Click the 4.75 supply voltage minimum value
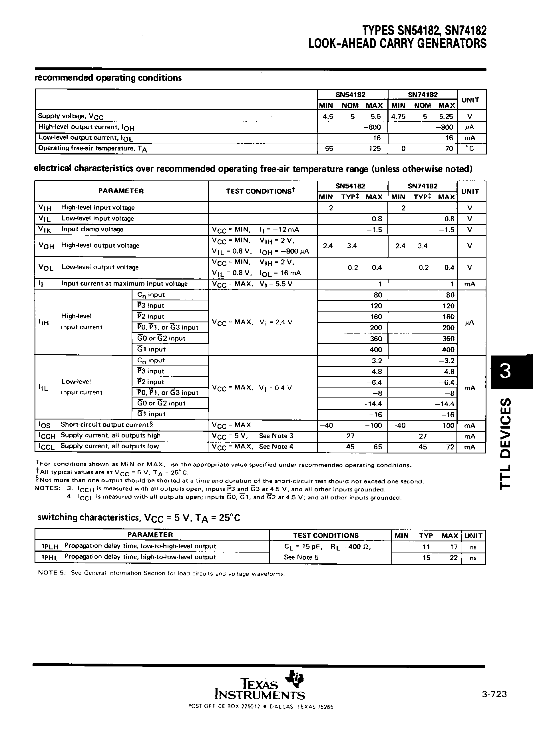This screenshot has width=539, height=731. (398, 117)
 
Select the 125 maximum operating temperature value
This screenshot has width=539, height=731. (375, 148)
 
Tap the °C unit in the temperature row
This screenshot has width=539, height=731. (470, 148)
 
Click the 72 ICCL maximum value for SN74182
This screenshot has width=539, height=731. (450, 447)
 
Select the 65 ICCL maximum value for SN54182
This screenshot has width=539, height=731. (377, 447)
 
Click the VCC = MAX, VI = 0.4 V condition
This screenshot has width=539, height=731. (252, 388)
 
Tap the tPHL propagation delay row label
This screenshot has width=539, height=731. (129, 557)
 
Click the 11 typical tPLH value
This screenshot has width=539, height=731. (426, 547)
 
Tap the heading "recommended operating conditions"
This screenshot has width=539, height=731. (108, 78)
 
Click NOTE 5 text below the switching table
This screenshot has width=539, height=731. (162, 573)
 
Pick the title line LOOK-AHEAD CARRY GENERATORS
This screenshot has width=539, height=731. (397, 43)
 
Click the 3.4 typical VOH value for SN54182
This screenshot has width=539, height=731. (352, 246)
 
